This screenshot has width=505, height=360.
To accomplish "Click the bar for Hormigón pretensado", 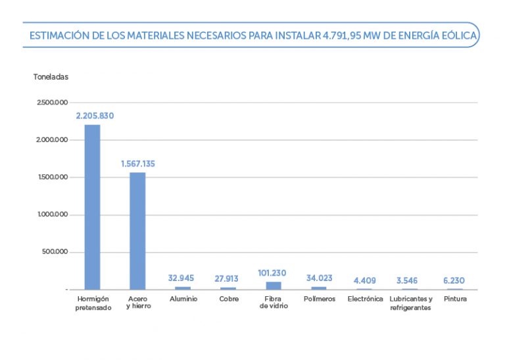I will tap(93, 207).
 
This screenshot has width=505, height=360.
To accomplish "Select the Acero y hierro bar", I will tap(137, 230).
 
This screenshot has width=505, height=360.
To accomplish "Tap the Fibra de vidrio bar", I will tap(273, 286).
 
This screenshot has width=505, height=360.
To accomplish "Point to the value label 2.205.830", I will tap(95, 116).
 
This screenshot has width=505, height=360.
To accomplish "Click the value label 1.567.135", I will tap(138, 164).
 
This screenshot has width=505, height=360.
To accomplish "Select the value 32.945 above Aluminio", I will tap(181, 278).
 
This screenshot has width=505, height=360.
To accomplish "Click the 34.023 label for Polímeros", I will tap(320, 278).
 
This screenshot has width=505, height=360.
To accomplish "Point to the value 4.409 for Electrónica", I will tap(365, 281).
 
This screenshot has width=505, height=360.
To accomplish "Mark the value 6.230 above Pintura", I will tap(454, 281).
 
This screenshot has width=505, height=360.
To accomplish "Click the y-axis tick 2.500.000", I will tap(52, 103).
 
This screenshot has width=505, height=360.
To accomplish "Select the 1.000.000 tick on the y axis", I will tap(52, 215).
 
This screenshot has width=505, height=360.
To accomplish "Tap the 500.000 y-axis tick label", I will tap(55, 253).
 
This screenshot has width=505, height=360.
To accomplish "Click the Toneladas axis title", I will tap(51, 77).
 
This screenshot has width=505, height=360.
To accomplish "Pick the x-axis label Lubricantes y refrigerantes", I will tap(410, 303).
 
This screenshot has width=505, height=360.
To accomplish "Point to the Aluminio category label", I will tap(183, 299).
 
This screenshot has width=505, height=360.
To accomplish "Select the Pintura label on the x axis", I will tap(455, 299).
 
